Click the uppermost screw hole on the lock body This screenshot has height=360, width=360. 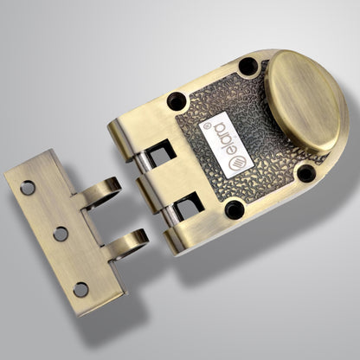point(247,67)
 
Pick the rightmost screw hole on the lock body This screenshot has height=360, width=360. point(305,173)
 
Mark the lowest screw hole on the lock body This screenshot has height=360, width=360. point(234,209)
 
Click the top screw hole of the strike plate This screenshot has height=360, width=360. point(28,186)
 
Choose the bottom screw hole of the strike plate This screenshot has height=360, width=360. point(80,289)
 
